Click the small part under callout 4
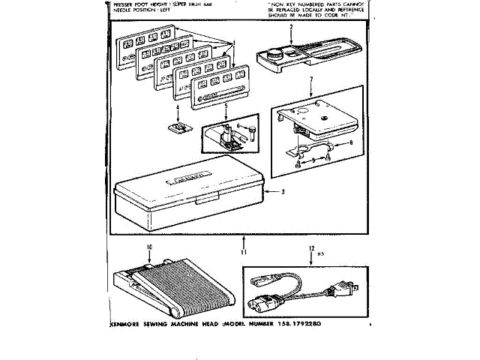[178, 128]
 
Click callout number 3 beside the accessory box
[283, 193]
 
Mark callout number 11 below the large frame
[243, 241]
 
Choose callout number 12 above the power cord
[310, 247]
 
